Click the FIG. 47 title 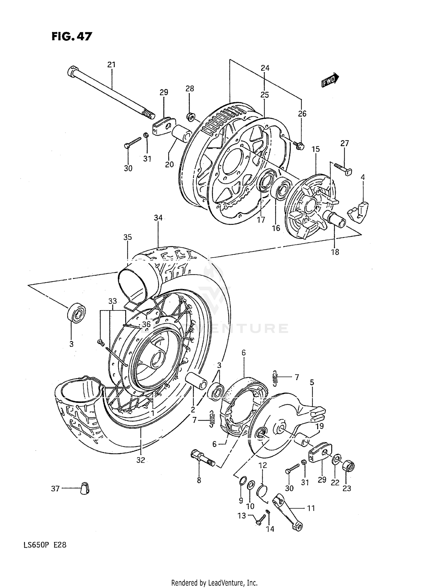pos(72,37)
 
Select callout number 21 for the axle pos(111,65)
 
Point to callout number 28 pos(190,89)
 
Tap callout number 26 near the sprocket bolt pos(302,114)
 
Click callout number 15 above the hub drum pos(316,149)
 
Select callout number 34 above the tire pos(158,218)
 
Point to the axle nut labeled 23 pos(348,466)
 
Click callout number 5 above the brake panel pos(312,382)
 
